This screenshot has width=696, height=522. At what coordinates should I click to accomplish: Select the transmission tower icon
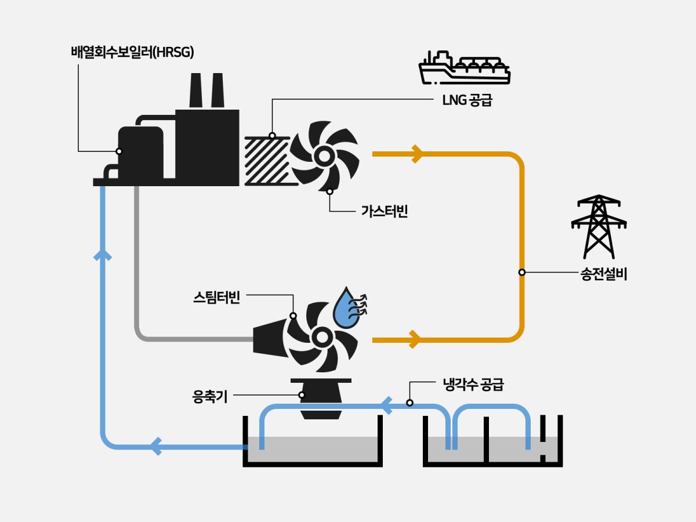click(599, 226)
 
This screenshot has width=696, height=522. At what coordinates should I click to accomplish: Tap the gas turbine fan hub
click(322, 155)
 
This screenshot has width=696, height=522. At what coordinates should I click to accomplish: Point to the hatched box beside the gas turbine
click(266, 161)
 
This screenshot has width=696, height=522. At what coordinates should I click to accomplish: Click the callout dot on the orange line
click(521, 272)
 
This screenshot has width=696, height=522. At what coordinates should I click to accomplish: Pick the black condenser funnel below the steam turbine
click(320, 397)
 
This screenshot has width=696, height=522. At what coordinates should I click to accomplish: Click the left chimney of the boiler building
click(196, 92)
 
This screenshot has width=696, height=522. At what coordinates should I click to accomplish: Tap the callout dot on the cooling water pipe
click(409, 403)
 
